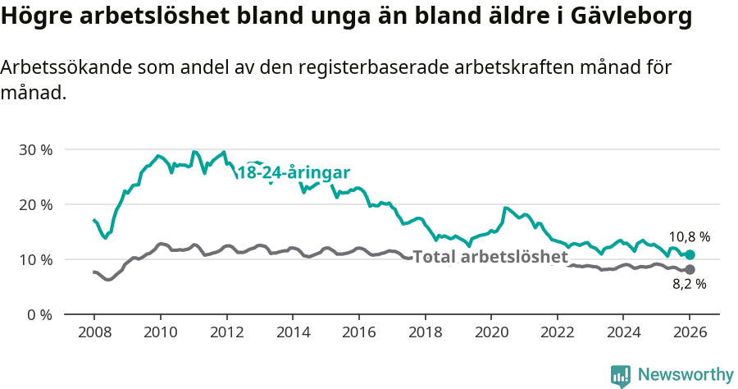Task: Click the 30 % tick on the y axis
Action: [x=35, y=149]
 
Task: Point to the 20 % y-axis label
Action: [x=35, y=204]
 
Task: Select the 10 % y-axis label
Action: [x=35, y=259]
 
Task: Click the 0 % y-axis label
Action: [x=39, y=314]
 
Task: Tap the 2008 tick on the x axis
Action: [x=93, y=332]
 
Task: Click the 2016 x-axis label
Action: [x=358, y=332]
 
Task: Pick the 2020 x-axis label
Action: [x=491, y=332]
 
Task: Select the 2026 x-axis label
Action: [x=690, y=332]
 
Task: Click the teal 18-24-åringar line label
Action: [x=294, y=172]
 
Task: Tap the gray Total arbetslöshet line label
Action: [x=490, y=257]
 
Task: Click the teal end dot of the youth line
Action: [x=690, y=255]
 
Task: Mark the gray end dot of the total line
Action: [x=690, y=269]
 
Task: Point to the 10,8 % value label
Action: [x=689, y=236]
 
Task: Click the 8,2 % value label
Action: [x=689, y=285]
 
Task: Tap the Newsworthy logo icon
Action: [x=621, y=375]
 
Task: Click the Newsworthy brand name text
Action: [x=686, y=375]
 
